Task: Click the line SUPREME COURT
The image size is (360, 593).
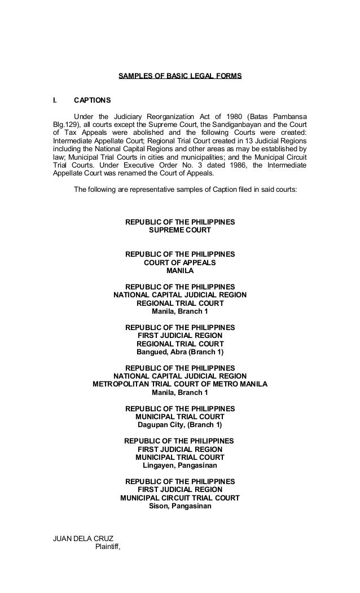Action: click(179, 230)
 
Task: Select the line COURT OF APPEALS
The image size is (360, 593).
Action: click(179, 263)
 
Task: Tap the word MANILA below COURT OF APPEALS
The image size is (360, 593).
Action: click(179, 271)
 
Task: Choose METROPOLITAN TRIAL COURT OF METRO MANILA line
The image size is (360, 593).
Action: click(179, 385)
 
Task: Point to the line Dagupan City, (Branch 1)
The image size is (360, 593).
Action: click(179, 425)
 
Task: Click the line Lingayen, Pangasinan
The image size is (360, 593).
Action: click(179, 465)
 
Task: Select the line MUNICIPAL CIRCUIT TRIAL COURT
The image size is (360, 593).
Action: click(179, 498)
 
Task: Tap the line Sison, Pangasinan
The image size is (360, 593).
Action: click(179, 506)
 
